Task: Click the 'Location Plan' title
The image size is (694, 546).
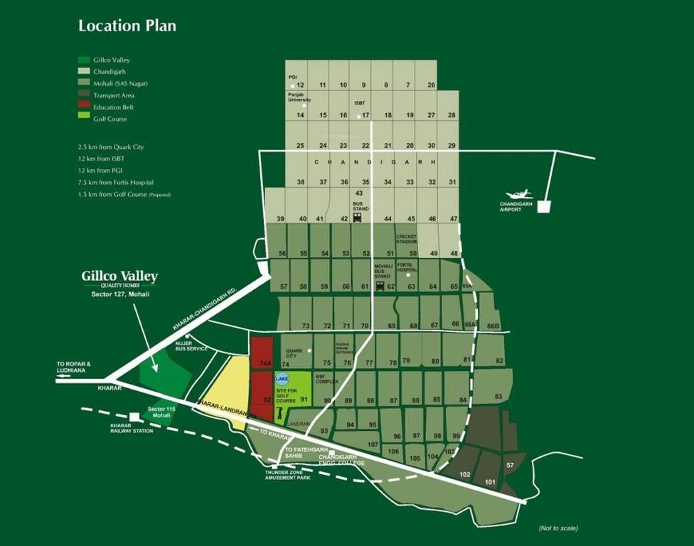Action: [x=127, y=26]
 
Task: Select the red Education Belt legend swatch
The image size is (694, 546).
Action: [x=84, y=107]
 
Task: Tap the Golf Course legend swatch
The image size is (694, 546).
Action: [x=84, y=119]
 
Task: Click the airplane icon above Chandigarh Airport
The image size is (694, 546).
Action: [x=517, y=194]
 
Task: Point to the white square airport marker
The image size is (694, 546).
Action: [x=543, y=207]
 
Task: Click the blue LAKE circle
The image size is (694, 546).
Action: [x=282, y=378]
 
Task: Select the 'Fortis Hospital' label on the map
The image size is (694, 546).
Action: [x=407, y=268]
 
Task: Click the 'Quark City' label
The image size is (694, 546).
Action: [x=294, y=353]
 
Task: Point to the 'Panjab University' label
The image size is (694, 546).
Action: [x=300, y=97]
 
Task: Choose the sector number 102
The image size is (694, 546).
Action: [x=465, y=473]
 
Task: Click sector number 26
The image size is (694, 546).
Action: [x=432, y=85]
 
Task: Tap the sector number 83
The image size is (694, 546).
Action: [x=498, y=396]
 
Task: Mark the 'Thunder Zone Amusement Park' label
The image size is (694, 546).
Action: [x=284, y=473]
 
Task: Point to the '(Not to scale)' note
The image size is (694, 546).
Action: [x=558, y=528]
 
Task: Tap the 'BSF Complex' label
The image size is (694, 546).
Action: [x=326, y=378]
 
